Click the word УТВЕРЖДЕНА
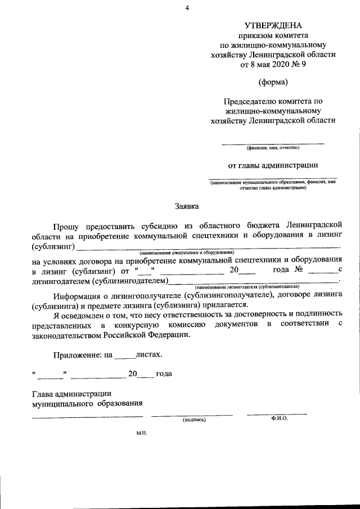[x=273, y=25]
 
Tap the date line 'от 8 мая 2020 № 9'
[x=273, y=64]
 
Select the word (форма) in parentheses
[x=273, y=83]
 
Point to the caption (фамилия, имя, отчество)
[x=273, y=148]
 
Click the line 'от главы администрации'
[x=273, y=165]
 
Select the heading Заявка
[x=186, y=206]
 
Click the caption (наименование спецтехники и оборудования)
[x=187, y=254]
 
